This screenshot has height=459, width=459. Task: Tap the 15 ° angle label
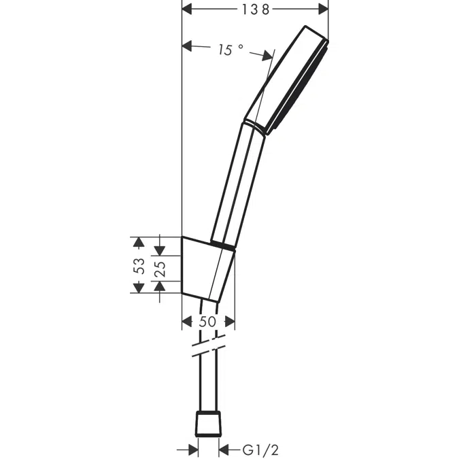(x=231, y=50)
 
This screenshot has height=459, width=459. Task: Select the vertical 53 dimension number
(x=138, y=265)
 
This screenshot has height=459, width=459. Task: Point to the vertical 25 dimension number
(x=159, y=269)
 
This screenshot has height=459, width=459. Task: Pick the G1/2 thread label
(x=260, y=430)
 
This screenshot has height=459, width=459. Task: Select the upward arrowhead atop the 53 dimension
(x=138, y=241)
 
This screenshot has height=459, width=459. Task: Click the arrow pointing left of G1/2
(x=225, y=430)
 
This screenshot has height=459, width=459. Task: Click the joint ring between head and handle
(x=256, y=127)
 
